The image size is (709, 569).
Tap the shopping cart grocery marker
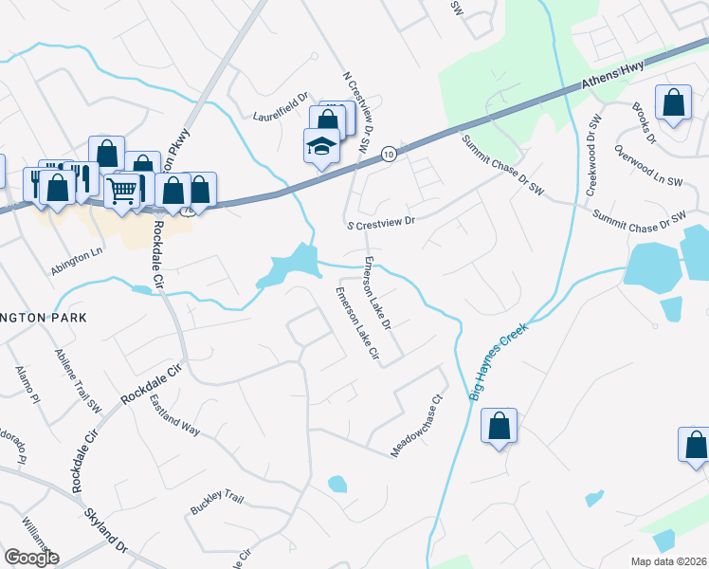(121, 193)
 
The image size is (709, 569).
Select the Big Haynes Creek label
(498, 359)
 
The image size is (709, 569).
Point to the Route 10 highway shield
(389, 153)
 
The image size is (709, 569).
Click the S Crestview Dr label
(381, 221)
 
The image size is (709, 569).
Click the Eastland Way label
(174, 415)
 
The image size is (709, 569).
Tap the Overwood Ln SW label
(648, 166)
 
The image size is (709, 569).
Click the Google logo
(31, 557)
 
